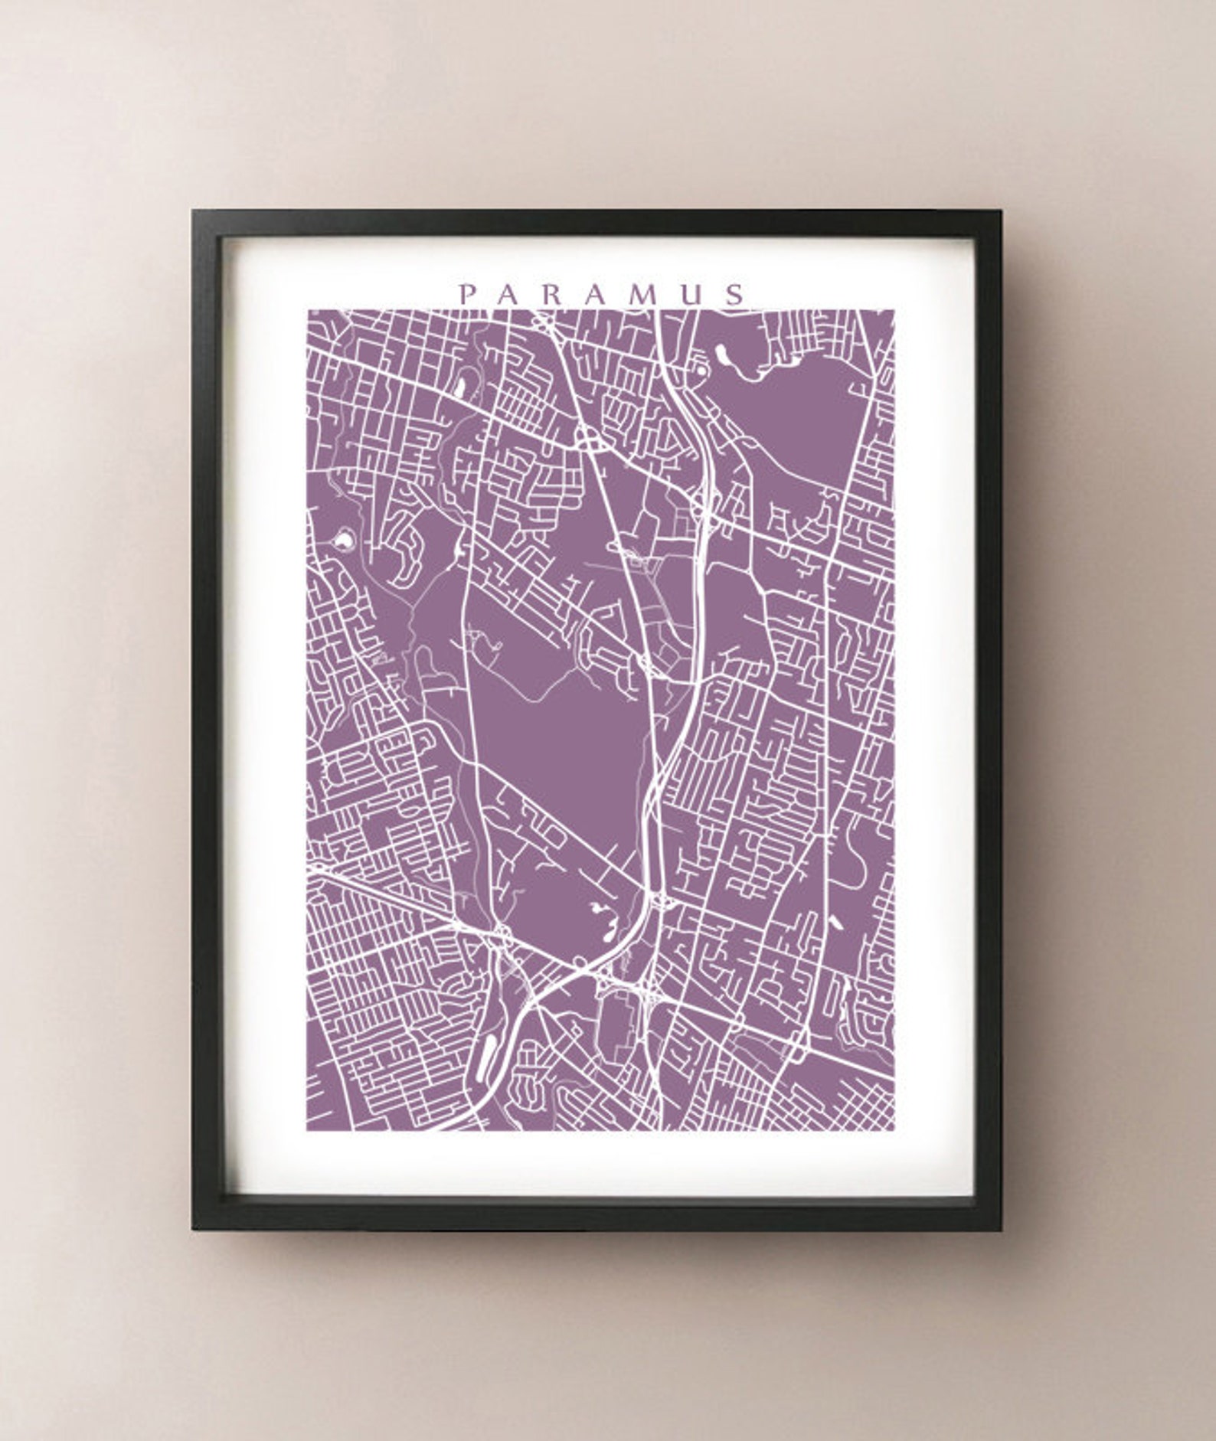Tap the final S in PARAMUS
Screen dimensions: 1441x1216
737,295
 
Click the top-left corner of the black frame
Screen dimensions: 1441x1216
193,211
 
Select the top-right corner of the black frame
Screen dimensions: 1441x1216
1001,211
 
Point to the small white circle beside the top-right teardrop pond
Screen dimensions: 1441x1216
698,371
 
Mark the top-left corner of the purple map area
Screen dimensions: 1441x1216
308,310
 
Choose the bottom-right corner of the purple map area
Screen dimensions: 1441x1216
893,1129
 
